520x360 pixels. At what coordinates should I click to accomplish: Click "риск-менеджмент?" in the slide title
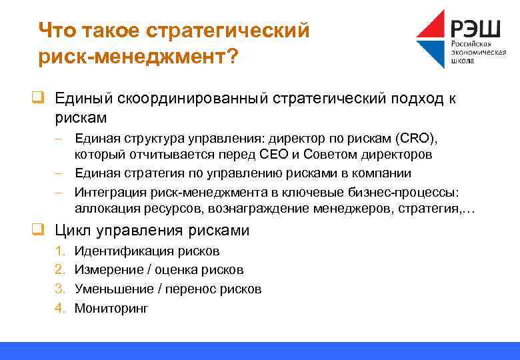pyautogui.click(x=137, y=57)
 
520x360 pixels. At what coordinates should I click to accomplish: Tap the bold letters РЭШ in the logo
pyautogui.click(x=476, y=28)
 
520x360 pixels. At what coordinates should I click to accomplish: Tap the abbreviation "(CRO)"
pyautogui.click(x=416, y=139)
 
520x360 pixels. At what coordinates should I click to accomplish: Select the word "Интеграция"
pyautogui.click(x=107, y=193)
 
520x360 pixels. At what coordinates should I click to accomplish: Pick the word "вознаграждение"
pyautogui.click(x=259, y=209)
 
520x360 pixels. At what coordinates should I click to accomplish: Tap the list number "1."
pyautogui.click(x=60, y=251)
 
